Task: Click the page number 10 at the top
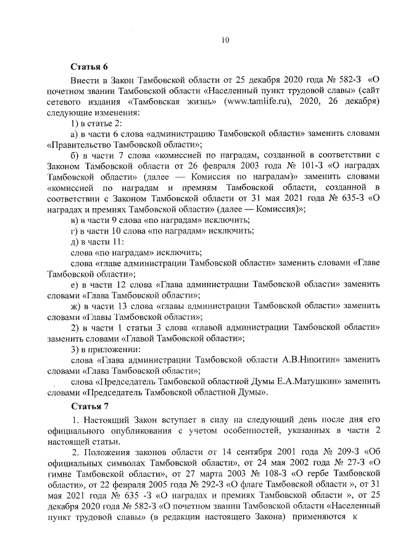(x=225, y=41)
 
